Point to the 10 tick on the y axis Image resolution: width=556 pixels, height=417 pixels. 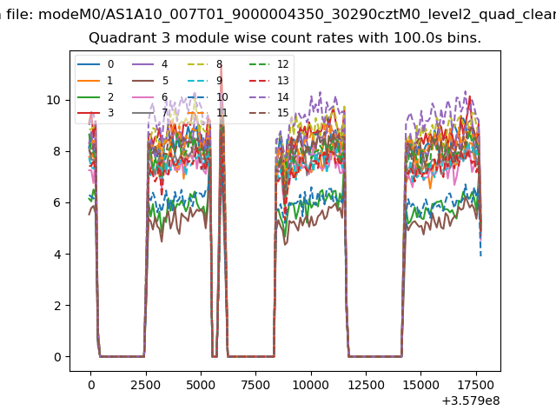pos(53,100)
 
